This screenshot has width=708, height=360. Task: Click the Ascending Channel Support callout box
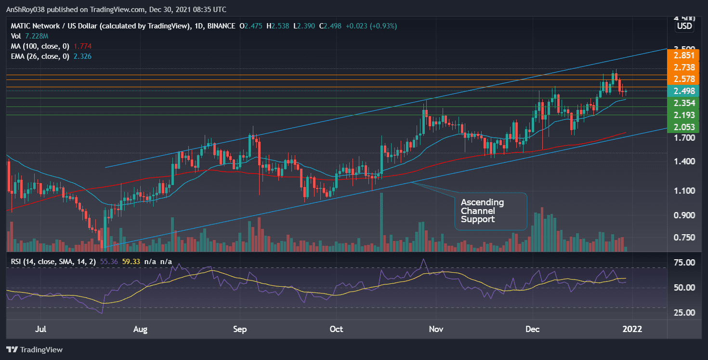[491, 211]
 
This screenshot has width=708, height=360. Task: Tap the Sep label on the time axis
[239, 330]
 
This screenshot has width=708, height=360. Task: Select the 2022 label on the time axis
[632, 330]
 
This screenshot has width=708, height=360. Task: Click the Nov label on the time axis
[435, 330]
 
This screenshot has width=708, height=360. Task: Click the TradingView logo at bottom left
[34, 349]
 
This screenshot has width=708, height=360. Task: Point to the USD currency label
[684, 27]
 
